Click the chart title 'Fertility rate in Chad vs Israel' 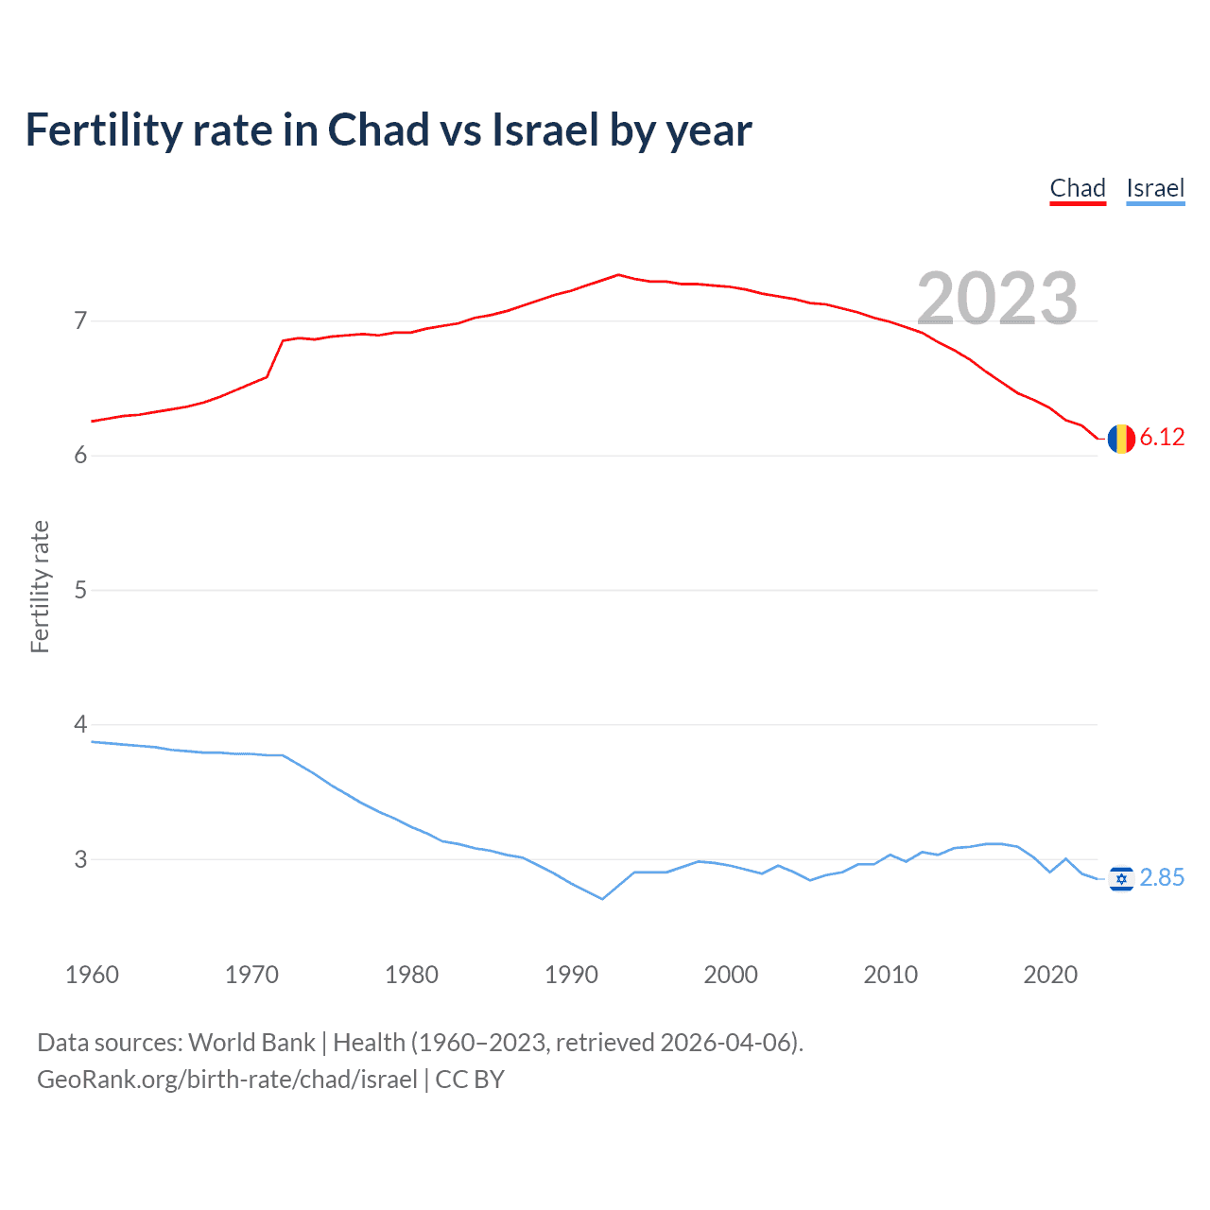click(x=389, y=130)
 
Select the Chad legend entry click(x=1078, y=188)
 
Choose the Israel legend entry click(x=1155, y=188)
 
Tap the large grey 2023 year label click(x=997, y=299)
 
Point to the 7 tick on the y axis click(x=80, y=321)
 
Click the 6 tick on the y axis click(x=80, y=456)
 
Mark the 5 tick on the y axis click(x=80, y=591)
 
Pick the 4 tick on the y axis click(x=80, y=725)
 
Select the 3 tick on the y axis click(x=80, y=859)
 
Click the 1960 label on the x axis click(x=92, y=975)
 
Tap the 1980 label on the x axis click(x=411, y=975)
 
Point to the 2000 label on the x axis click(x=731, y=975)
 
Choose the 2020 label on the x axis click(x=1050, y=975)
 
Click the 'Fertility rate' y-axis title click(x=40, y=586)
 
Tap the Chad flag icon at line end click(x=1121, y=439)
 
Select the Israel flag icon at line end click(x=1121, y=879)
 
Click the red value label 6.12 click(x=1162, y=437)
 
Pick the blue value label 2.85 click(x=1162, y=878)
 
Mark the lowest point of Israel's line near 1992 click(x=602, y=898)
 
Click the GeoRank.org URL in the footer click(x=227, y=1080)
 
